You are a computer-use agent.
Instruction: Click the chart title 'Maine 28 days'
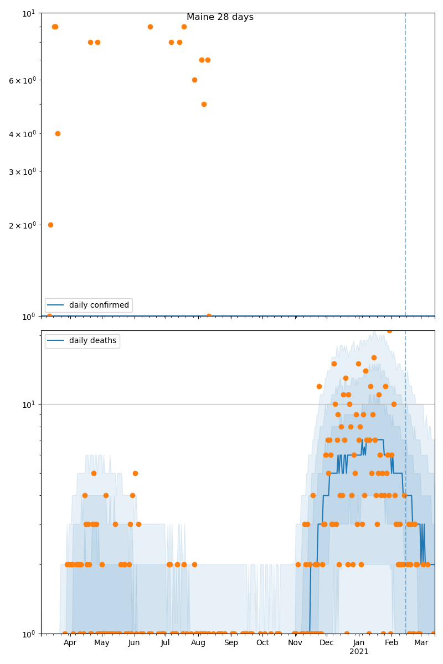click(220, 17)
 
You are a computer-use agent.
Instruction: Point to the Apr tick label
click(70, 643)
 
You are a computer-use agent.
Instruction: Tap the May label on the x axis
click(102, 643)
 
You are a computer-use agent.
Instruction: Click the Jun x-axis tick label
click(134, 643)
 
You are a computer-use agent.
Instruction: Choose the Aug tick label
click(198, 643)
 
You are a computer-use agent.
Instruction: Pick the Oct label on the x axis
click(262, 643)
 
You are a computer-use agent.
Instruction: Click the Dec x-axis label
click(327, 643)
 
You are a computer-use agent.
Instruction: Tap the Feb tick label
click(392, 643)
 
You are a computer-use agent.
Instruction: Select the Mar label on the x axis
click(421, 643)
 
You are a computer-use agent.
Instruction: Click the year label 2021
click(359, 652)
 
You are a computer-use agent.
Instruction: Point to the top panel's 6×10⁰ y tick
click(22, 80)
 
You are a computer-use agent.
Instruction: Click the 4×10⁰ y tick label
click(22, 134)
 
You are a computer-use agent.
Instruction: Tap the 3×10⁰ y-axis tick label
click(22, 172)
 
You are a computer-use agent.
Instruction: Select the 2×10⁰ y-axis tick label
click(22, 225)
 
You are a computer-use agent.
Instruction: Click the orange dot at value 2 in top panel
click(50, 225)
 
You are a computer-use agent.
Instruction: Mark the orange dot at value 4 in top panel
click(58, 133)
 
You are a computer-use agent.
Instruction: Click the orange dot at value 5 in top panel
click(204, 104)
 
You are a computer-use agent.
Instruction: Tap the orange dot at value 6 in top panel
click(194, 80)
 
